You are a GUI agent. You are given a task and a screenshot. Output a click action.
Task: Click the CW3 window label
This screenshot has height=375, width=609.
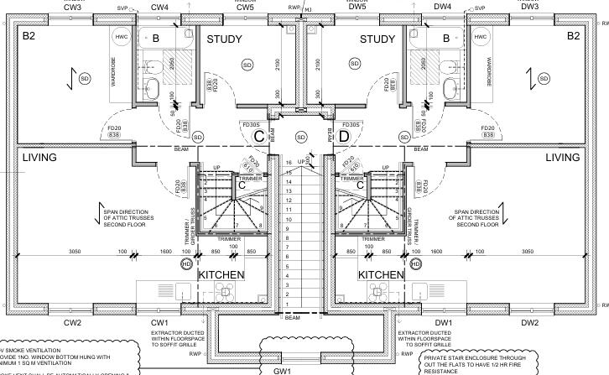click(x=72, y=7)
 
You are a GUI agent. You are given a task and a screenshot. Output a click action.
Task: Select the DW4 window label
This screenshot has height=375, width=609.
click(x=443, y=7)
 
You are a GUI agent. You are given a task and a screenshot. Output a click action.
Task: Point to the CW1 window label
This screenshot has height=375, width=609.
click(x=160, y=323)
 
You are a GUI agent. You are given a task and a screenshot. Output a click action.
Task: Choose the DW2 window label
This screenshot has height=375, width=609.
click(x=529, y=323)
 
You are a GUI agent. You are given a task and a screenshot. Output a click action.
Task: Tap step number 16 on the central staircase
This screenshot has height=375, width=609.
click(x=289, y=162)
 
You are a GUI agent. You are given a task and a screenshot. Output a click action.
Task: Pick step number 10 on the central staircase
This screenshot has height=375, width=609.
click(x=289, y=225)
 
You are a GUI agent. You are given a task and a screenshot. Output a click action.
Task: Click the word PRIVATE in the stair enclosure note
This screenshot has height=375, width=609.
click(x=440, y=357)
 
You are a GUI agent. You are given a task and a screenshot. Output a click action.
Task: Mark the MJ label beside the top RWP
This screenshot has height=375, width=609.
click(x=307, y=9)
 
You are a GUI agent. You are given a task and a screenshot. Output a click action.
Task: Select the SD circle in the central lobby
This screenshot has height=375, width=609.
click(x=301, y=137)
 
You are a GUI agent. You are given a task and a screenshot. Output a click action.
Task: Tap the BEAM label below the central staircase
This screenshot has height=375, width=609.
click(x=292, y=318)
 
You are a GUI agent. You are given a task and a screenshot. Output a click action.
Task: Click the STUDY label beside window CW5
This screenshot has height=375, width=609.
click(x=224, y=39)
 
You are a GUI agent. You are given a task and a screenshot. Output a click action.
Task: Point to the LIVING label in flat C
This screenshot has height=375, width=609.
click(x=39, y=158)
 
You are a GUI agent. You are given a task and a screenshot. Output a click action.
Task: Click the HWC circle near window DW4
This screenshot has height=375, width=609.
click(x=481, y=38)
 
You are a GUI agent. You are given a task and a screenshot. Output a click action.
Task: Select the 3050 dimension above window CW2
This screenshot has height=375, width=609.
click(x=74, y=251)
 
